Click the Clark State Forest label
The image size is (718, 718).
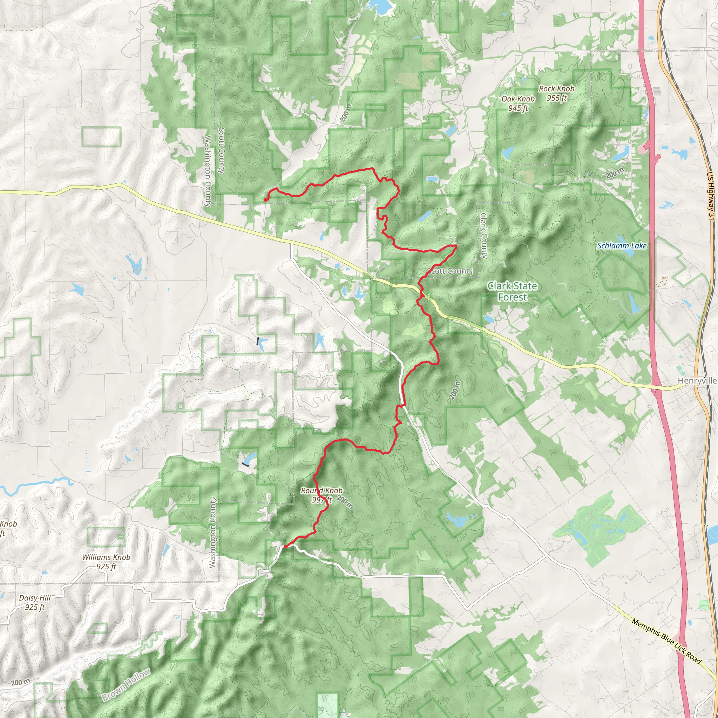click(x=512, y=291)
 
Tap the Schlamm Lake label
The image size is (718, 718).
click(x=622, y=246)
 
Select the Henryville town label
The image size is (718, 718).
click(x=697, y=380)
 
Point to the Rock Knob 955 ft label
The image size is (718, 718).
click(x=556, y=93)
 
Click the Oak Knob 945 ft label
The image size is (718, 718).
click(x=518, y=103)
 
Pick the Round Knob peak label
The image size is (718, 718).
click(x=321, y=495)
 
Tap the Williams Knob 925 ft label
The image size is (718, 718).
click(x=106, y=562)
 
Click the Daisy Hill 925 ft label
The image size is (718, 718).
click(x=35, y=602)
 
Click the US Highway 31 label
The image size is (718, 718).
click(x=711, y=196)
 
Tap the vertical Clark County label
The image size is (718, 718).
click(x=483, y=236)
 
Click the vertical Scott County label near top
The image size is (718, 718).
click(x=222, y=150)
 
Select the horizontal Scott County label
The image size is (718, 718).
click(x=449, y=271)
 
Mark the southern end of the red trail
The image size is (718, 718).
click(x=285, y=546)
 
